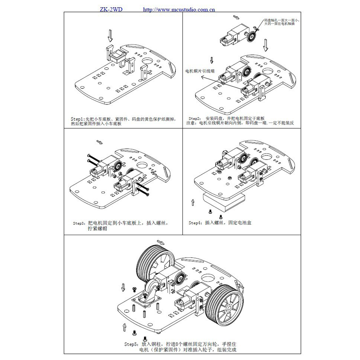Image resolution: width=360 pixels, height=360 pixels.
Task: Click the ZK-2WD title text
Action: (111, 9)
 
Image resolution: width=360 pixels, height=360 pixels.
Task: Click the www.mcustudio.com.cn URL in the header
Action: (179, 9)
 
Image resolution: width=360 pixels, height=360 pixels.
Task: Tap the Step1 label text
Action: (77, 118)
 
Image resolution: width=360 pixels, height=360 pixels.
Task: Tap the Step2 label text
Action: (194, 118)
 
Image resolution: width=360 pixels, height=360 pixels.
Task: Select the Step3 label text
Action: (79, 223)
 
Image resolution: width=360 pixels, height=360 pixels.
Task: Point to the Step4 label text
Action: (195, 223)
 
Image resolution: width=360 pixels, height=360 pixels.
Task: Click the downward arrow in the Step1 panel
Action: (111, 35)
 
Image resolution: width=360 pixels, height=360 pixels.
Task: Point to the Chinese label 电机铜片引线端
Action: (200, 71)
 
